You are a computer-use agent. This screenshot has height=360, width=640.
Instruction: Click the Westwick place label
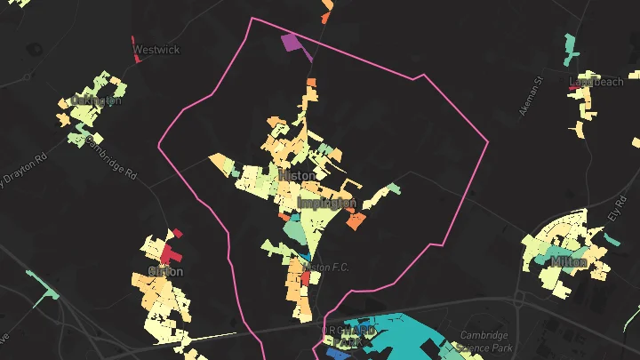tap(156, 50)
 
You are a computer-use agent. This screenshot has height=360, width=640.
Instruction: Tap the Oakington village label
tap(95, 100)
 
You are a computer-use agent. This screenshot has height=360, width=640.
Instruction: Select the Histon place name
tap(297, 175)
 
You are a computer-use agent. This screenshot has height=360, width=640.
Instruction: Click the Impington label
tap(326, 204)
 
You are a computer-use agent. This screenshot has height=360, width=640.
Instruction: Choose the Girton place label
tap(166, 271)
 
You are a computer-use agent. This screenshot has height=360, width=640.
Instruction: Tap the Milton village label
tap(568, 262)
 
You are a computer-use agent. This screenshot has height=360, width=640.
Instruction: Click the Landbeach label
tap(596, 82)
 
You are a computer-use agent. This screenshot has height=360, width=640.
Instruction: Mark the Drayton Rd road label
tap(20, 170)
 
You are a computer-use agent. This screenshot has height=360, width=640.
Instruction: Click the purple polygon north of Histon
tap(292, 41)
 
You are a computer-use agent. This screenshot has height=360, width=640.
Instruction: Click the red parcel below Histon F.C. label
tap(306, 277)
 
